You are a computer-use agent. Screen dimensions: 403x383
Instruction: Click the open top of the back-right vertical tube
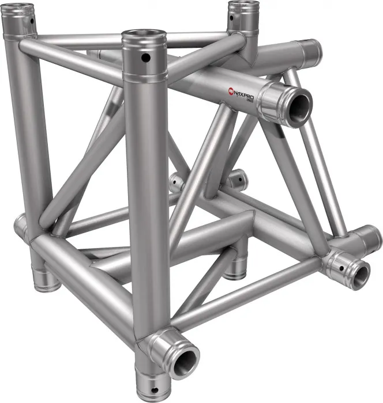tap(241, 7)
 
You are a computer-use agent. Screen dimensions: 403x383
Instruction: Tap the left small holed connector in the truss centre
tap(177, 183)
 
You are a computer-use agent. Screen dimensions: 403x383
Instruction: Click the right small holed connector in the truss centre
tap(236, 180)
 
